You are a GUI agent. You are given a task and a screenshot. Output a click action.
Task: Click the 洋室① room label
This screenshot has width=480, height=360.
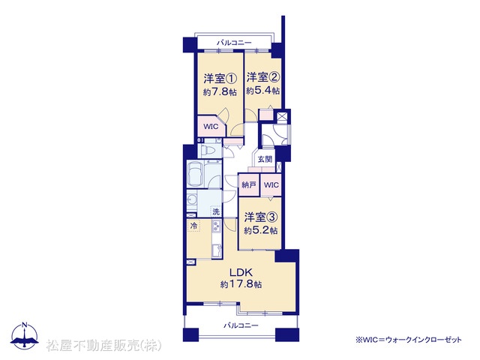click(220, 79)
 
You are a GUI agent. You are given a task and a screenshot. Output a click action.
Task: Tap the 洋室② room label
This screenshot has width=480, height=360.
click(263, 77)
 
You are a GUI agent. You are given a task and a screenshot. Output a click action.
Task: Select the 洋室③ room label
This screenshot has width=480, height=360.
click(261, 217)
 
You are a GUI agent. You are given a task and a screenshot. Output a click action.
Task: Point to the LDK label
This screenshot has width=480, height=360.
click(241, 271)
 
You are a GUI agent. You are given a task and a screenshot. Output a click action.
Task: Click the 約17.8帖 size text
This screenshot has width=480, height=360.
click(241, 284)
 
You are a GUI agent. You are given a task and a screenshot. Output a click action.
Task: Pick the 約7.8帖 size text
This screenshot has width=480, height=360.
click(220, 91)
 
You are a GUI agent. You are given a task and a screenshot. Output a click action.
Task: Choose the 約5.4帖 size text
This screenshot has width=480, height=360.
click(263, 91)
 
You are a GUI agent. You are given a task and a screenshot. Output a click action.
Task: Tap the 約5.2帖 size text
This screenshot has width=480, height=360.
click(261, 230)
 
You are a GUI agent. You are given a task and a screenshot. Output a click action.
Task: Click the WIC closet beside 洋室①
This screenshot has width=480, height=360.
click(211, 126)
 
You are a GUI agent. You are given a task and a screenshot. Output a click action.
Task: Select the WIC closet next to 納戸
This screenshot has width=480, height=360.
click(271, 185)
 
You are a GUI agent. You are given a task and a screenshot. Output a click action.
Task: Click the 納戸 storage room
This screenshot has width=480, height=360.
click(248, 185)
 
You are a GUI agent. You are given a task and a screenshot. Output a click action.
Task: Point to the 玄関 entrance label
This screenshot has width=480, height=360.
click(265, 159)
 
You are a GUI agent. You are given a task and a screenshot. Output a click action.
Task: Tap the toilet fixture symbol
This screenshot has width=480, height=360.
click(210, 151)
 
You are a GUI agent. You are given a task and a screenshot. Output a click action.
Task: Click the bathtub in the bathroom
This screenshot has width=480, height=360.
click(195, 175)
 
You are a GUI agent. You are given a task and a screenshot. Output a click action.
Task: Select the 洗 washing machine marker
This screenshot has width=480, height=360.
click(216, 211)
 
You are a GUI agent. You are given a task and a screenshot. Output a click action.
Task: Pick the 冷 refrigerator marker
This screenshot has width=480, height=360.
click(193, 226)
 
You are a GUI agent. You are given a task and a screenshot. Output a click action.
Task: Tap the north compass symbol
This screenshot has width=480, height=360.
click(25, 335)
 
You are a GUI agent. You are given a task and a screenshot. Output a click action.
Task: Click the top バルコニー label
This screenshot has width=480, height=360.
click(234, 43)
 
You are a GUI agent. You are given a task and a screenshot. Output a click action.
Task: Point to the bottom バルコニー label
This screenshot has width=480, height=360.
click(241, 325)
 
